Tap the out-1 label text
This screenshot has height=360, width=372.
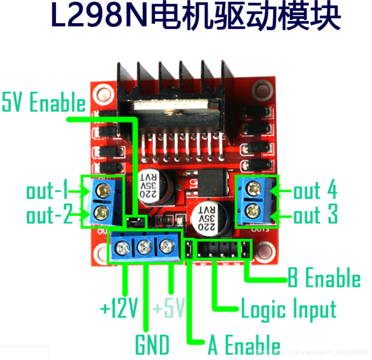[47, 191]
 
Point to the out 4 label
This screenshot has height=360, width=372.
[315, 191]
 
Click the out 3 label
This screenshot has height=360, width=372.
[315, 215]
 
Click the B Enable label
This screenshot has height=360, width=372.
[324, 279]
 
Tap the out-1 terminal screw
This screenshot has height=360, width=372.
[102, 189]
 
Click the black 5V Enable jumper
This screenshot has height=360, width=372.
[135, 222]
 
